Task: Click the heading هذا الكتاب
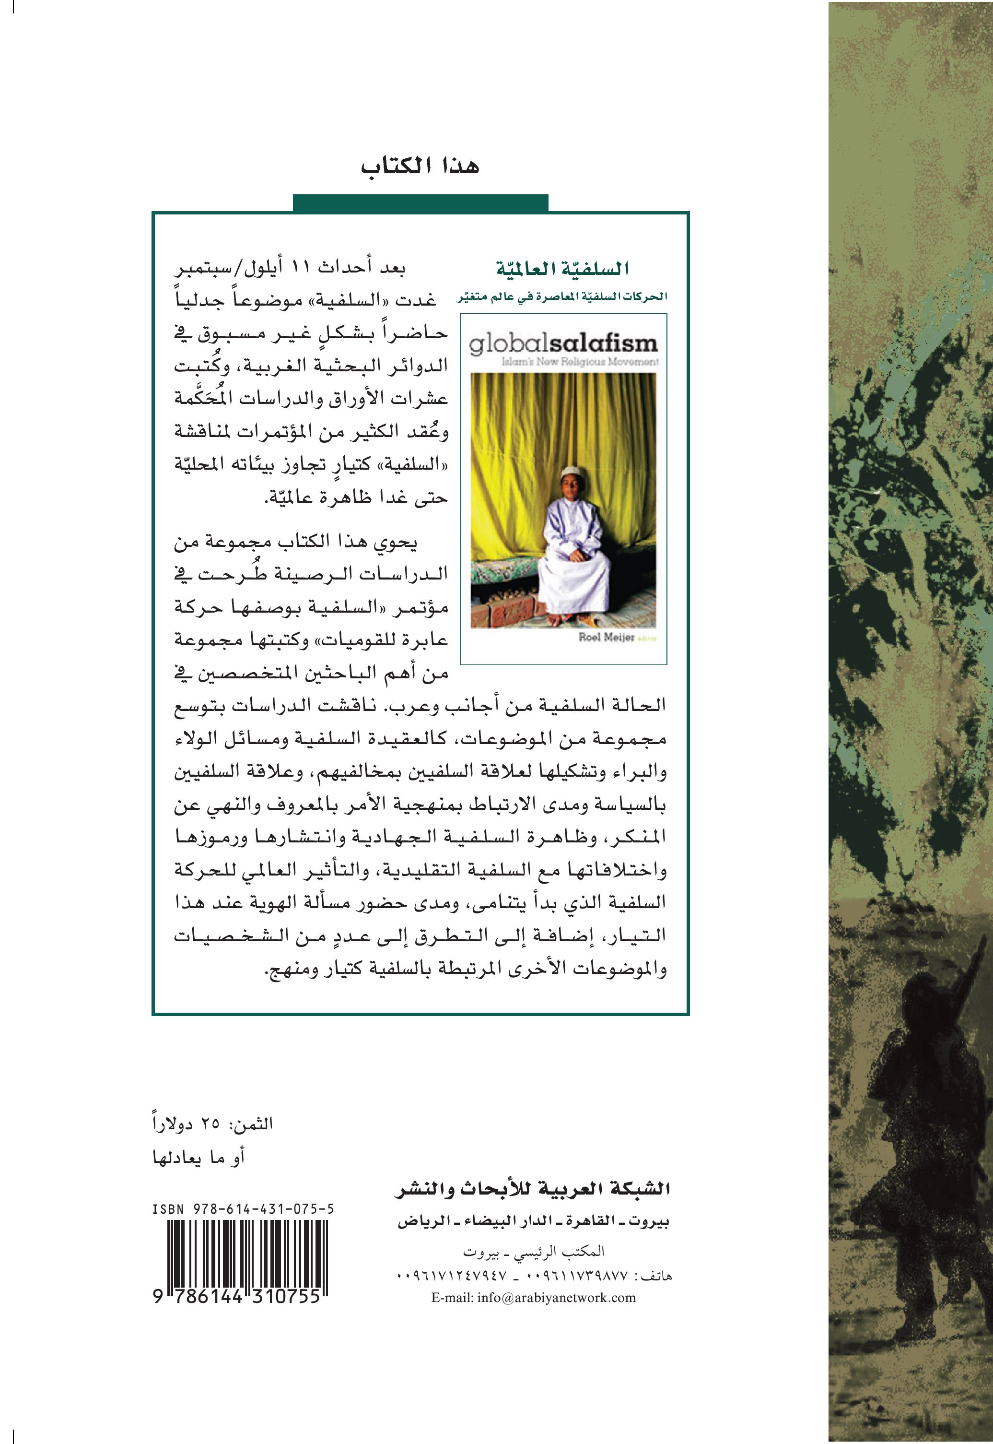[x=420, y=167]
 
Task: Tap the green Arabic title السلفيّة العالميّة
[x=562, y=269]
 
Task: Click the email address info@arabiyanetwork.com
[x=533, y=1298]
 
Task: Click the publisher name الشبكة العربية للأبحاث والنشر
[x=532, y=1189]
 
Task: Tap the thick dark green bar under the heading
[x=420, y=203]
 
